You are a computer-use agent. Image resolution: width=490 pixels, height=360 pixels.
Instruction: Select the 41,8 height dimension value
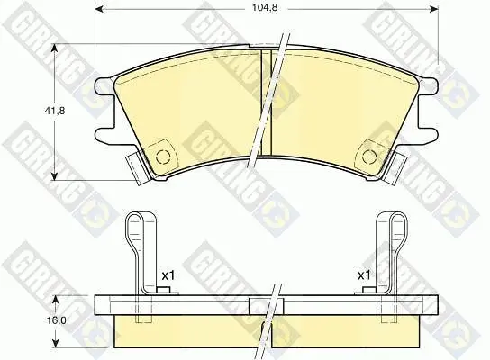(55, 111)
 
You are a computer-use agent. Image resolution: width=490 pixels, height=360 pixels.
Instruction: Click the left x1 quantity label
(169, 275)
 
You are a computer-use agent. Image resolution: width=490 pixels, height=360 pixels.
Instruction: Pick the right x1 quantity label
(364, 275)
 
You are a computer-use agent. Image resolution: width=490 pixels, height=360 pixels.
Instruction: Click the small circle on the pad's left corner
(162, 157)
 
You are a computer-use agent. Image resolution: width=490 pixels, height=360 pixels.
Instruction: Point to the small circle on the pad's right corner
(369, 157)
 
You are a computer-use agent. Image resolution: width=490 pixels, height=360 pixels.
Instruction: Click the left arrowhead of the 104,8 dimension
(98, 10)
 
